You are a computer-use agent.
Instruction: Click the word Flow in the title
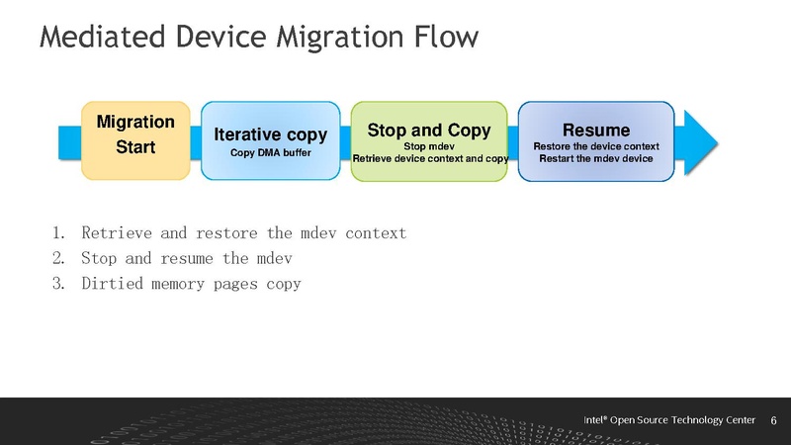point(441,37)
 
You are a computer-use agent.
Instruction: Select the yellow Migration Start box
point(134,139)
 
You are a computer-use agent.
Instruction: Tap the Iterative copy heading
point(271,135)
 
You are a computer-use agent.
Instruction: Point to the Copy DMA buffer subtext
point(271,153)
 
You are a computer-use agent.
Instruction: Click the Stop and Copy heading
point(429,130)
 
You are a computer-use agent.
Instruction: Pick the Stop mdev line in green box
point(429,145)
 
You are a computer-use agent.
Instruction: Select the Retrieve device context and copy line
point(430,158)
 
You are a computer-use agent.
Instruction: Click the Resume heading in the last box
point(595,130)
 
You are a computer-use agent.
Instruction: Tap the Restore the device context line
point(595,146)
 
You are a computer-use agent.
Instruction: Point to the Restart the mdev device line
point(595,158)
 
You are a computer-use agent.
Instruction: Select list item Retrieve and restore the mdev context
point(243,233)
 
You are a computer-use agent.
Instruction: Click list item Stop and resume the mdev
point(187,259)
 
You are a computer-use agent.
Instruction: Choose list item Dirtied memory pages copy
point(191,284)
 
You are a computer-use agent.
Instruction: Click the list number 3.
point(58,284)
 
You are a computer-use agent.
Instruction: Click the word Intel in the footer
point(594,419)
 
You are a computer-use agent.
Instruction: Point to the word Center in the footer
point(738,419)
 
